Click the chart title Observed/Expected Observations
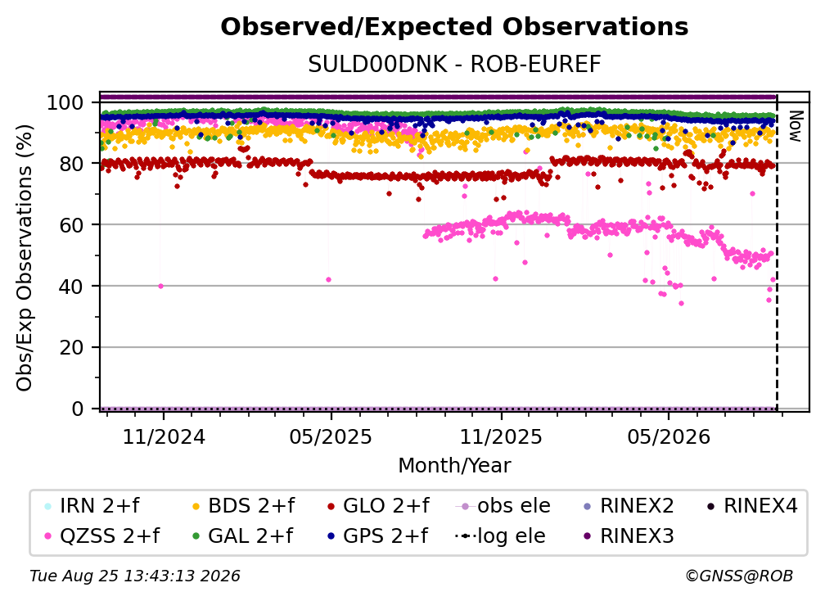click(454, 27)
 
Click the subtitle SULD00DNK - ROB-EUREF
click(454, 65)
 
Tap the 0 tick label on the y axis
click(77, 409)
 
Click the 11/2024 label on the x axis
click(164, 437)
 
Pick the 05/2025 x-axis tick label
click(331, 437)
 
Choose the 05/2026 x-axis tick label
click(669, 437)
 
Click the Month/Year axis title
click(454, 466)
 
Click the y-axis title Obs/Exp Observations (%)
click(25, 257)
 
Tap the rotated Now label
click(796, 126)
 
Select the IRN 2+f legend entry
click(93, 506)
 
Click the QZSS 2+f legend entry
click(102, 536)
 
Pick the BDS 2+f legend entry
click(244, 506)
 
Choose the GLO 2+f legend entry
click(378, 506)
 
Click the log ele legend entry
click(500, 536)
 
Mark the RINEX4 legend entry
click(752, 506)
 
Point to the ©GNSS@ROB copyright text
click(739, 576)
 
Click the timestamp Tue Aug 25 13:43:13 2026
click(135, 576)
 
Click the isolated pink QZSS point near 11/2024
click(161, 287)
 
